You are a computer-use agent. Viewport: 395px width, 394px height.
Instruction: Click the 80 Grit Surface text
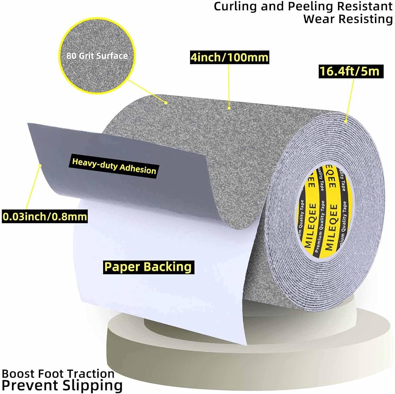(x=97, y=56)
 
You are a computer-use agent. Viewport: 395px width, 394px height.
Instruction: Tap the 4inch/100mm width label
(x=229, y=57)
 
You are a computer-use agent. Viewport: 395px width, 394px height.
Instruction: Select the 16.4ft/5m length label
(x=351, y=72)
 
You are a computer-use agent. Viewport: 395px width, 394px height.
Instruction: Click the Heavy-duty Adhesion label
(x=114, y=166)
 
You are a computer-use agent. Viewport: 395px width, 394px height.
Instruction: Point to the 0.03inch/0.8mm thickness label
(x=45, y=217)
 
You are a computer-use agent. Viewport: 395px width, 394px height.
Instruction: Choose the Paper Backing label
(x=149, y=267)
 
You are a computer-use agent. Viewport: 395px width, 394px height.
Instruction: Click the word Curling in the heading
(x=235, y=7)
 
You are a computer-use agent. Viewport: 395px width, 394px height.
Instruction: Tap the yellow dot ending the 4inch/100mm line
(x=229, y=108)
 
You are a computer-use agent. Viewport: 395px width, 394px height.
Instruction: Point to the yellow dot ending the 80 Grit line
(x=166, y=103)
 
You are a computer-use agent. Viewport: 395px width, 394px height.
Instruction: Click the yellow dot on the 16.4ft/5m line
(x=346, y=121)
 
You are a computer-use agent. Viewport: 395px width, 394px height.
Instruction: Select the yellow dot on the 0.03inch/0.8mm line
(x=40, y=165)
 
